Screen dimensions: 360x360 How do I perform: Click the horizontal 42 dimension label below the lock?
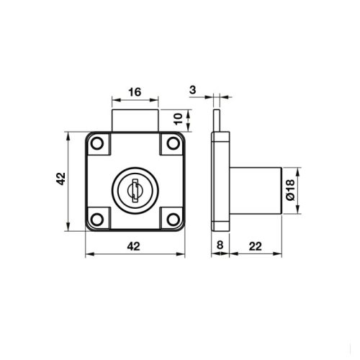(133, 246)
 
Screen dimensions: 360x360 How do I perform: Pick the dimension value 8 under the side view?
(220, 246)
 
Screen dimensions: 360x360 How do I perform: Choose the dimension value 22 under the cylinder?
(255, 246)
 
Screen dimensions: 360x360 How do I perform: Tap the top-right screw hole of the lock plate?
(171, 144)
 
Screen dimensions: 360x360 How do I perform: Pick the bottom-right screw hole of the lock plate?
(171, 217)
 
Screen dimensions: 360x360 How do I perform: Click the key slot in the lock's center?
(133, 192)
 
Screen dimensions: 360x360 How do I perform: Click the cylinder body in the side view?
(255, 190)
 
